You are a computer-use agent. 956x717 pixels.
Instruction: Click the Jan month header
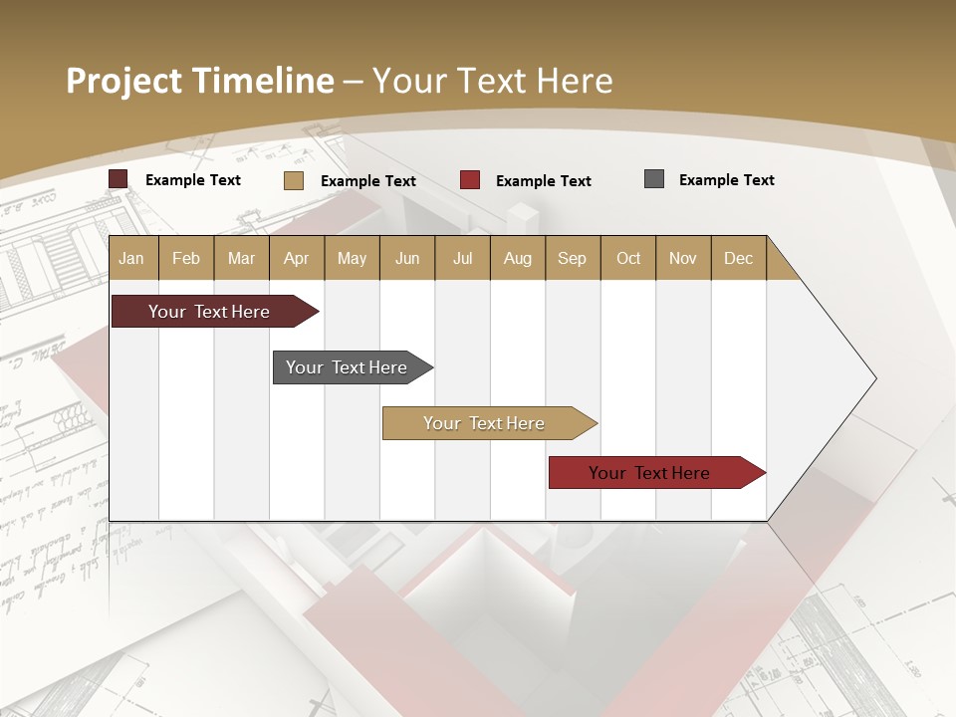coord(131,258)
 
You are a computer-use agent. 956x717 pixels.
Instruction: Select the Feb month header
coord(186,258)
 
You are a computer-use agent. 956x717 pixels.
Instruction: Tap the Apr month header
coord(296,258)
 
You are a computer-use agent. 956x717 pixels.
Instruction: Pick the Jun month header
coord(407,258)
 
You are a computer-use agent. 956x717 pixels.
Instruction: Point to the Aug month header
coord(517,258)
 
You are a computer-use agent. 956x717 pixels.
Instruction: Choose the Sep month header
coord(572,258)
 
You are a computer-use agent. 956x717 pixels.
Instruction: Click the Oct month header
coord(628,258)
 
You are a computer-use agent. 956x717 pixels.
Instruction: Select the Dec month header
coord(738,258)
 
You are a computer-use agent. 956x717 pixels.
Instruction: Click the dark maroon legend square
coord(119,179)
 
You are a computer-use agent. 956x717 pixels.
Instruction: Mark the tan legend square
coord(293,180)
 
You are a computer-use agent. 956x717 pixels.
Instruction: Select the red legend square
coord(470,180)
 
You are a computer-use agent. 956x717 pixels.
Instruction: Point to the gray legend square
coord(654,179)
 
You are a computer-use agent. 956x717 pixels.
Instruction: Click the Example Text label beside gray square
coord(726,180)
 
